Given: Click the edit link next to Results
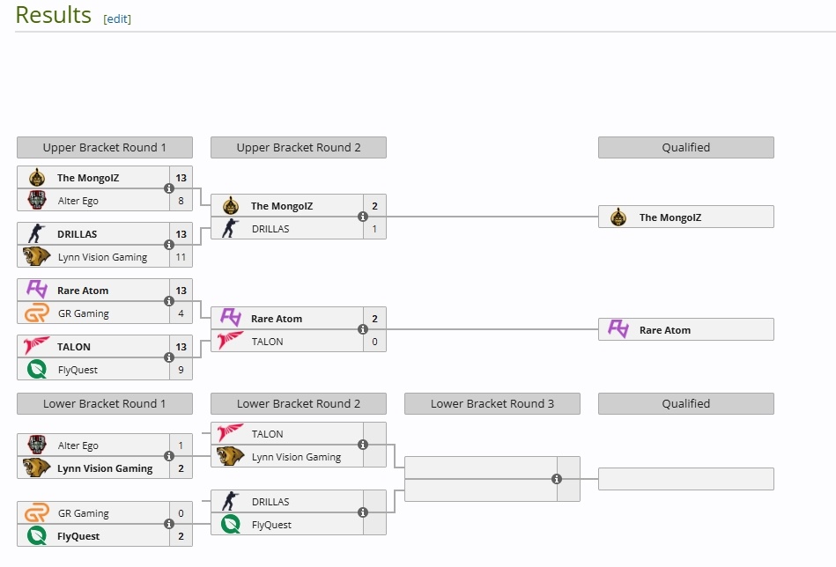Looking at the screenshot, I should pos(117,18).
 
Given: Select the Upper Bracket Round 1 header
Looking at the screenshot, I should pos(104,148).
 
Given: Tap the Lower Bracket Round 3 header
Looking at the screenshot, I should pos(492,404).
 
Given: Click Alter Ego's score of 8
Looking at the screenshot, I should pos(181,201).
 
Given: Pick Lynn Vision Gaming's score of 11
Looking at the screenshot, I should pos(181,257).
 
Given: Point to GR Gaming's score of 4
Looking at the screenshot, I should pos(181,313).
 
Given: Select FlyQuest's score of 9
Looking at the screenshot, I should pos(181,370).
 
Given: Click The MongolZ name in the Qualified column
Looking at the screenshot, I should pos(670,217).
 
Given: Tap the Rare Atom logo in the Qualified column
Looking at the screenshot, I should pos(618,329).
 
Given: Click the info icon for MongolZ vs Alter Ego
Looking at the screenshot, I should pos(169,188).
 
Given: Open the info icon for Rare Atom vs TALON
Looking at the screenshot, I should pos(363,329).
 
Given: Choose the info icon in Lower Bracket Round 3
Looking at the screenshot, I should pos(557,479).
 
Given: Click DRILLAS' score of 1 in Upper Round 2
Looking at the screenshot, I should pos(374,229).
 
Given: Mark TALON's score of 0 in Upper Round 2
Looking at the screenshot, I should pos(374,342).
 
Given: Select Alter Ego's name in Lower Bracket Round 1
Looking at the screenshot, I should pos(78,445).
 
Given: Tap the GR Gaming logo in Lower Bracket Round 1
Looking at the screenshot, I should pos(37,512).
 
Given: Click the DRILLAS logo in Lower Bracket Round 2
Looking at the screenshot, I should pos(231,501).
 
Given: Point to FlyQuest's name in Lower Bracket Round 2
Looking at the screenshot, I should pos(271,525).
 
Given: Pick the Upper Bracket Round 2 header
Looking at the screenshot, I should pos(298,148).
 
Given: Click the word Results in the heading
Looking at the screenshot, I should pos(53,15).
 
